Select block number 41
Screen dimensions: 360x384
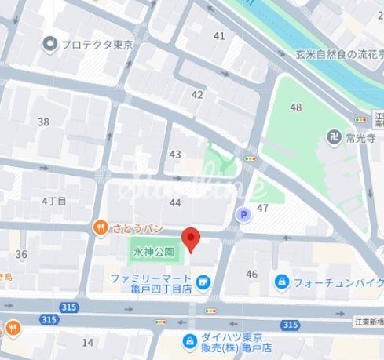point(218,36)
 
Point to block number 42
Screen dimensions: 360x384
point(197,94)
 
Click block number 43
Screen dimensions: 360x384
point(175,155)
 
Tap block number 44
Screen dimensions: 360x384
point(174,202)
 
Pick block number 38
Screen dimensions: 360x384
point(43,122)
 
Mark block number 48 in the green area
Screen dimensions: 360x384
point(295,107)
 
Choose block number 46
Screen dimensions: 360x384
point(251,274)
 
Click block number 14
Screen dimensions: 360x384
point(87,342)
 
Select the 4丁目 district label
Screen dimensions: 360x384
point(55,201)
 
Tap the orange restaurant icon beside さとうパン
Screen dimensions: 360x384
point(101,228)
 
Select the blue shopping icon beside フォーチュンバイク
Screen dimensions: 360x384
point(281,281)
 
